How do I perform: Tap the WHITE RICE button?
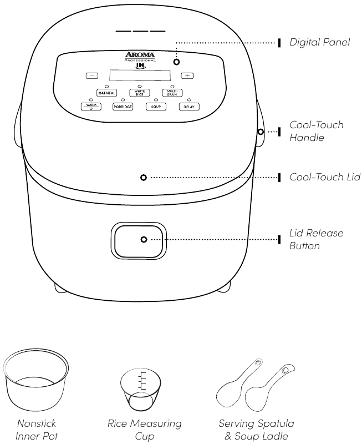coord(140,93)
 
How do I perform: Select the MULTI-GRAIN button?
coord(172,93)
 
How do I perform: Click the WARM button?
coord(91,106)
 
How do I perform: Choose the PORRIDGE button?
coord(123,107)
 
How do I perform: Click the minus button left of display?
coord(92,75)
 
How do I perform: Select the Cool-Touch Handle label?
coord(316,130)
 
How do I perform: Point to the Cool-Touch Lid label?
coord(325,177)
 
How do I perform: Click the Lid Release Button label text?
coord(316,239)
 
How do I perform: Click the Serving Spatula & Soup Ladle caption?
coord(256,430)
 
